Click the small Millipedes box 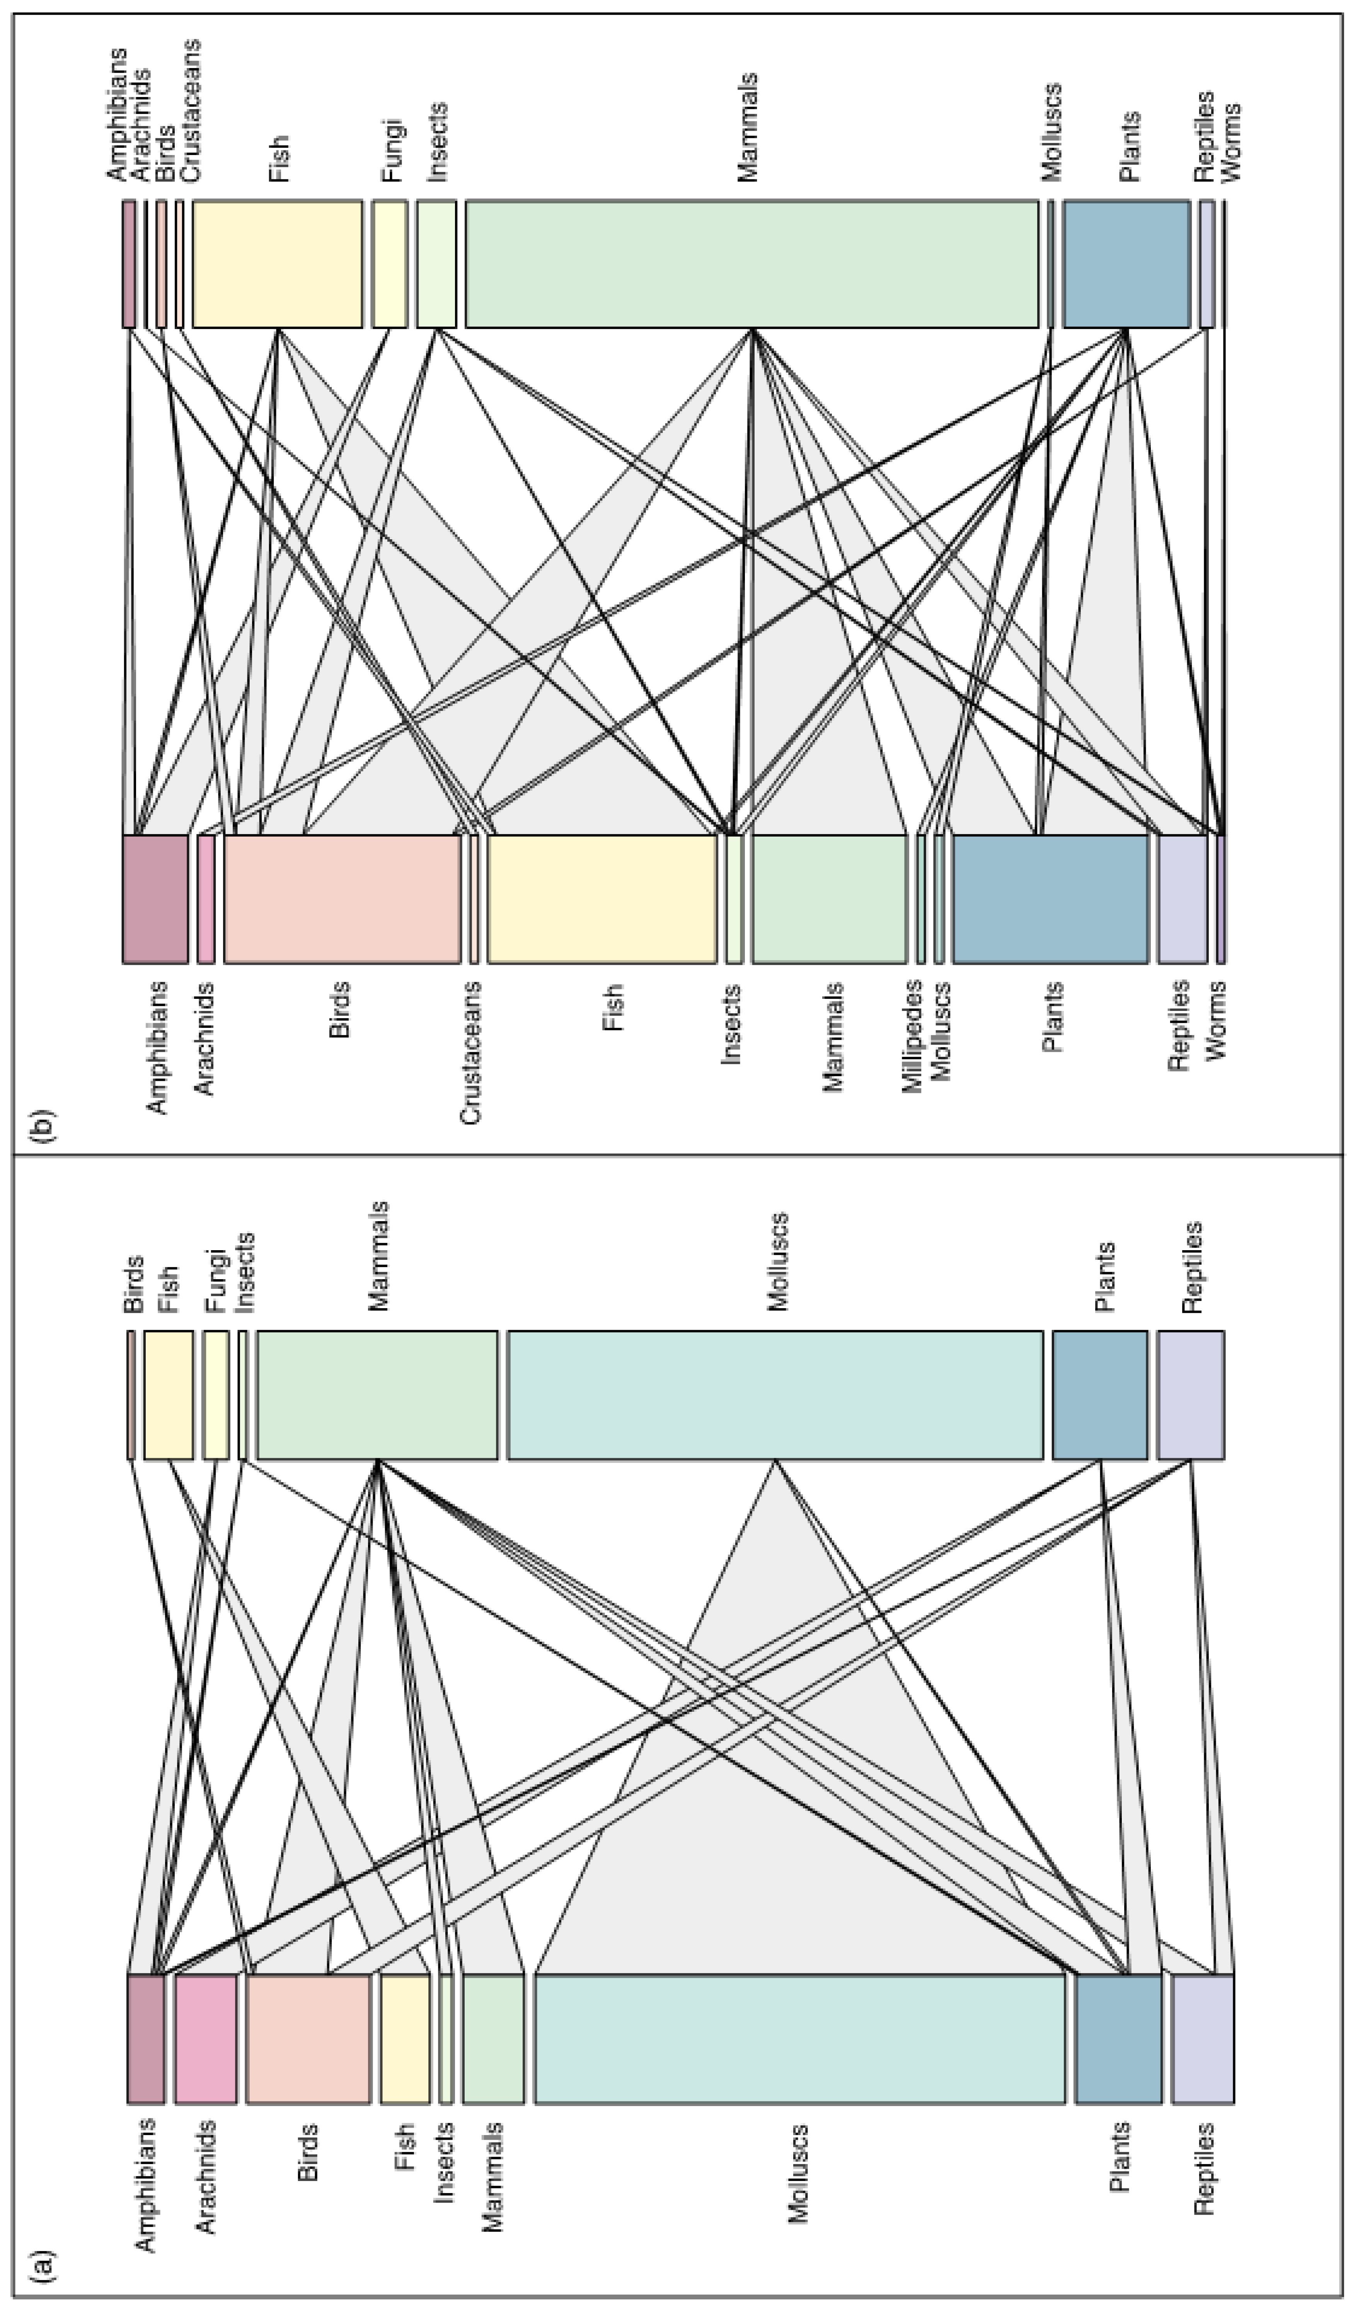tap(921, 899)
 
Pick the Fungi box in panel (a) tap(216, 1395)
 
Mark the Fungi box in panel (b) tap(389, 263)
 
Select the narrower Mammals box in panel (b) tap(829, 899)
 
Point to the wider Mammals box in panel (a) tap(378, 1395)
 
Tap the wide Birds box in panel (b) tap(342, 899)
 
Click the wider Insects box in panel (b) tap(436, 263)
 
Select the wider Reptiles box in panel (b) tap(1182, 899)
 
